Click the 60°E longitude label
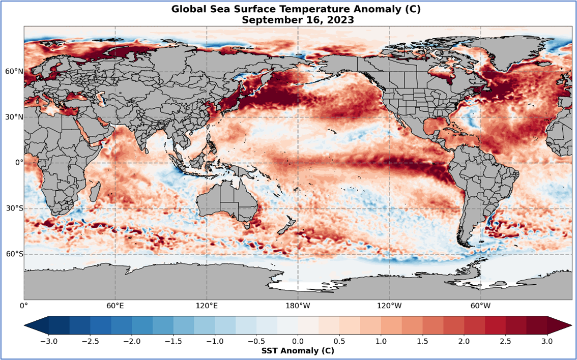[116, 306]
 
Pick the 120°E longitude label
[207, 306]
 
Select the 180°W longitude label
[298, 306]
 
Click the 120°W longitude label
[389, 306]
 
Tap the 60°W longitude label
[480, 306]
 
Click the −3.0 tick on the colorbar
[49, 341]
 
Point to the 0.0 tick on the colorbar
[298, 341]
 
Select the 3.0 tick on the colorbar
[547, 341]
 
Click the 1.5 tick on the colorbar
[422, 341]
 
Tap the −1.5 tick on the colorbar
[174, 341]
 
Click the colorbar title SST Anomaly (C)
[298, 351]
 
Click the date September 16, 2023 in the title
[298, 20]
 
